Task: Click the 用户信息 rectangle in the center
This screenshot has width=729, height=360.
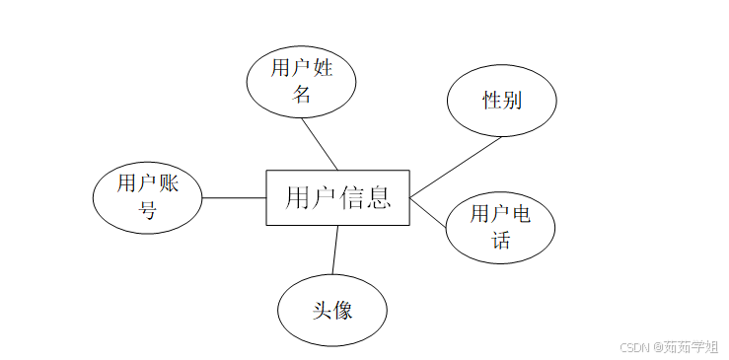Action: pyautogui.click(x=337, y=197)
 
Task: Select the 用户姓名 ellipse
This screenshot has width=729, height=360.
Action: pyautogui.click(x=301, y=81)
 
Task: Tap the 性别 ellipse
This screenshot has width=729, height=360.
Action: pyautogui.click(x=501, y=101)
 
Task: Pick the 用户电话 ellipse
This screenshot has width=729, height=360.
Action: pyautogui.click(x=500, y=228)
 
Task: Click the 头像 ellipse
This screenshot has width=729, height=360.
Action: pyautogui.click(x=332, y=310)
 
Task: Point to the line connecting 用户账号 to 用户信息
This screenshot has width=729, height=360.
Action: pyautogui.click(x=234, y=197)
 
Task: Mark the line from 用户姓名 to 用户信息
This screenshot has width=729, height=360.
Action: pyautogui.click(x=320, y=143)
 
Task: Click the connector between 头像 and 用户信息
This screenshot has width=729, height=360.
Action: pyautogui.click(x=335, y=249)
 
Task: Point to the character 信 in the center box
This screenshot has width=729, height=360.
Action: pyautogui.click(x=353, y=197)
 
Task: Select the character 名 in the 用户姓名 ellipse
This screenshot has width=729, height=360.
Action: pyautogui.click(x=302, y=95)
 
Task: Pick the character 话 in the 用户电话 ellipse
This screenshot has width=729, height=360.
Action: pyautogui.click(x=500, y=241)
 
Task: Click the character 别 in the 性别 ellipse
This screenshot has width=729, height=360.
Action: pyautogui.click(x=512, y=101)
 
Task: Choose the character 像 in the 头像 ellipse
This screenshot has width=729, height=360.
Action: pyautogui.click(x=343, y=310)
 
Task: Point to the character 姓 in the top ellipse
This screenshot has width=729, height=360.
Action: pyautogui.click(x=323, y=68)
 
